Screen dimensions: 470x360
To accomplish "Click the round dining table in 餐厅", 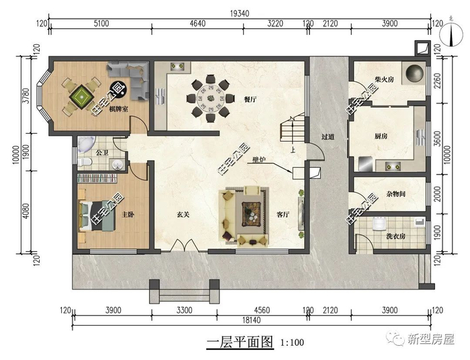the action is (x=211, y=98).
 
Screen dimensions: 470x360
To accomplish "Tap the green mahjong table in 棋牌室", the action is (x=81, y=96).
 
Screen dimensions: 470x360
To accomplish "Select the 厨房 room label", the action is (x=381, y=136).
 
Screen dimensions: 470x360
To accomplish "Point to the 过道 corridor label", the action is (x=328, y=137).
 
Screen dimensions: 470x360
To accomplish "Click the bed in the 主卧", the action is (x=97, y=216).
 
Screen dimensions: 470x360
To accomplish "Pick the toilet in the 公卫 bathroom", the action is (x=84, y=162).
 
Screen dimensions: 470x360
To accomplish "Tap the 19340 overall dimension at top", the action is (x=240, y=13).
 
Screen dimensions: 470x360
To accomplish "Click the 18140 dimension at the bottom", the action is (x=251, y=320).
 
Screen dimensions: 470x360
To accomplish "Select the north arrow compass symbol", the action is (x=451, y=34).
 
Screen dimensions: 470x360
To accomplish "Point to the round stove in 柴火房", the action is (x=414, y=73).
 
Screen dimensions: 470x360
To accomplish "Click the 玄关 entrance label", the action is (x=183, y=215).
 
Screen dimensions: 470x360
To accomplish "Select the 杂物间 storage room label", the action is (x=395, y=194).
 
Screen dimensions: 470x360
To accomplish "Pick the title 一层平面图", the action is (x=240, y=342).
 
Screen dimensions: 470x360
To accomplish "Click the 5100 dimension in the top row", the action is (x=101, y=24).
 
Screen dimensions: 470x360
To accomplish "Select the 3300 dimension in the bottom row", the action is (x=184, y=310).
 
